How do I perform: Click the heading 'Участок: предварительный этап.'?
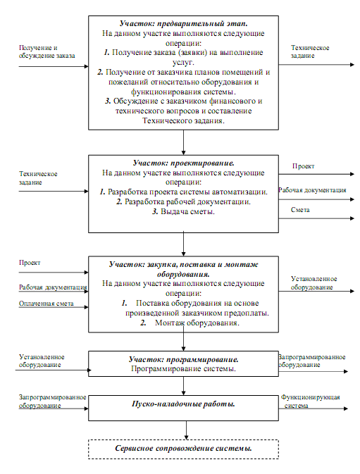(x=183, y=23)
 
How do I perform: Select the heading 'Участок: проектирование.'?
(x=183, y=163)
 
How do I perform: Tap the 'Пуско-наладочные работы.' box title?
(x=183, y=404)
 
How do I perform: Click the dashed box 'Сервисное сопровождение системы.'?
(x=183, y=449)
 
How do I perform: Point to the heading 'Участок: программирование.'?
(x=183, y=359)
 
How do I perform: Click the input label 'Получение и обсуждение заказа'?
(x=47, y=51)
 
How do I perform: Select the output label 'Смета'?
(x=300, y=210)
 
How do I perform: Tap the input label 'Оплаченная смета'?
(x=46, y=304)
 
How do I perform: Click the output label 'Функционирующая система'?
(x=311, y=401)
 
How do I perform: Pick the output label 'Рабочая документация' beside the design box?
(x=312, y=190)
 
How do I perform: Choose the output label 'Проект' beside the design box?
(x=303, y=166)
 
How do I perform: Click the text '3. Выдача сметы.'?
(x=183, y=211)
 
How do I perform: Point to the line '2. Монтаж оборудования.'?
(x=190, y=323)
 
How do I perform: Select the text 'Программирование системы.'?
(x=183, y=369)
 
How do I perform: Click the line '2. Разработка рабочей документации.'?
(x=183, y=201)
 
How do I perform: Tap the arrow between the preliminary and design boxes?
(x=183, y=142)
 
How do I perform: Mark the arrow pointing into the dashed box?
(x=186, y=430)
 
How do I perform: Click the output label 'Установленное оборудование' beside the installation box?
(x=314, y=283)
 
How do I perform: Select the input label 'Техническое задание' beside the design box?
(x=38, y=178)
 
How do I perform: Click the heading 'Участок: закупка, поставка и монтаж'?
(x=183, y=265)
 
